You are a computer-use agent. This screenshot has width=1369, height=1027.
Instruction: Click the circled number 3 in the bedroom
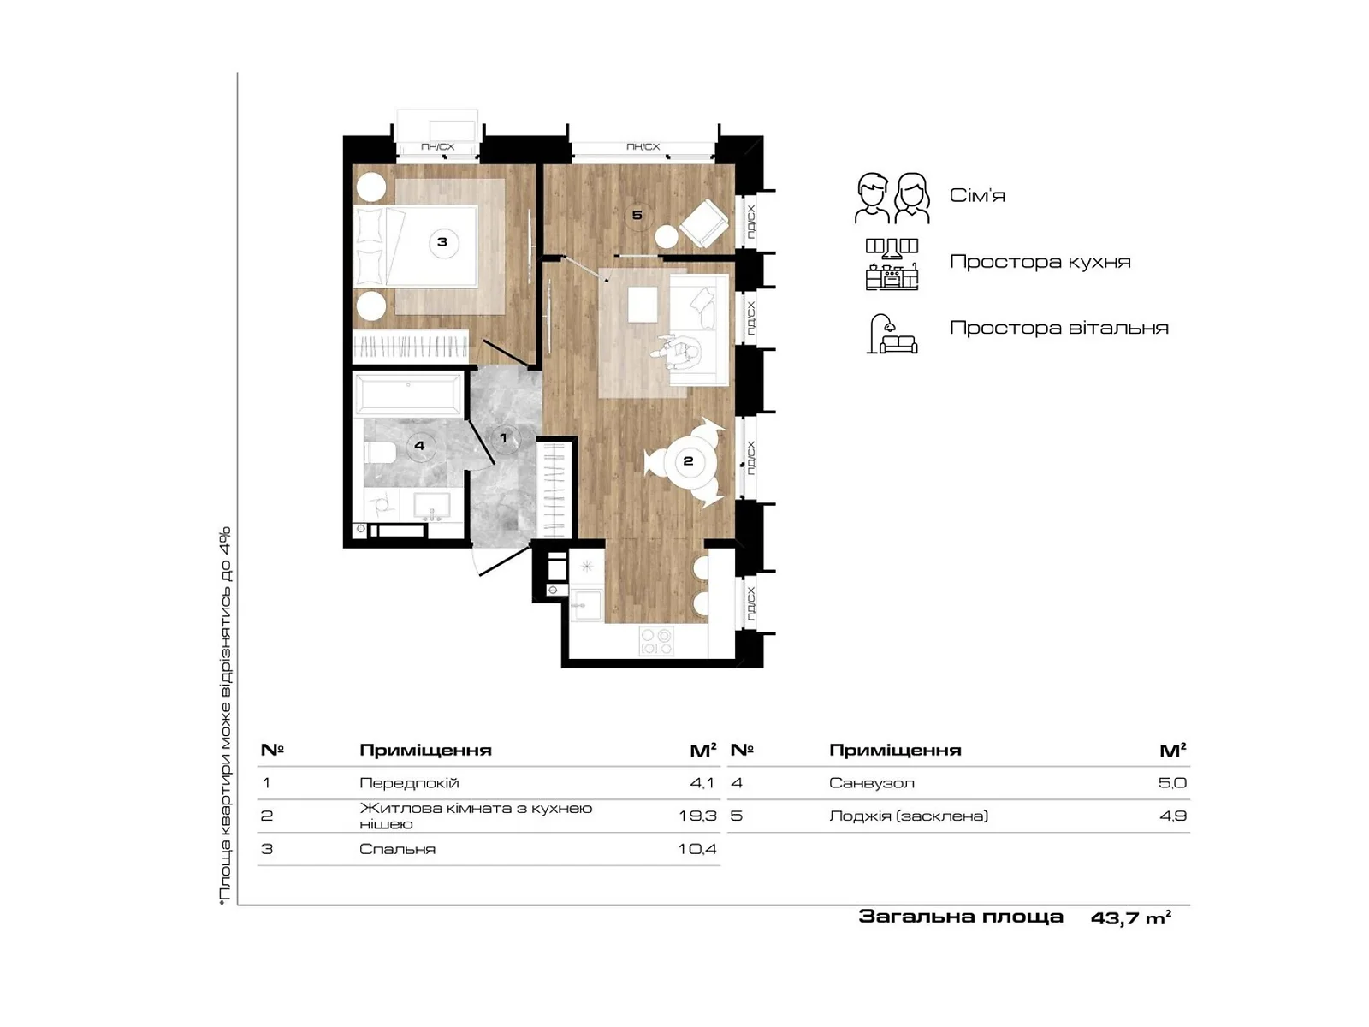pos(442,243)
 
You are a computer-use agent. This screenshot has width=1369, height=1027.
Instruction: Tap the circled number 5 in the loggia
pos(637,216)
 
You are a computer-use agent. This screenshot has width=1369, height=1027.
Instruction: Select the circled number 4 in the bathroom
pos(419,445)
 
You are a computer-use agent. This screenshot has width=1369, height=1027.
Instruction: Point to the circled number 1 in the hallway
pos(504,438)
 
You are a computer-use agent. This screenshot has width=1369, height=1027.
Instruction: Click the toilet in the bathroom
pos(378,452)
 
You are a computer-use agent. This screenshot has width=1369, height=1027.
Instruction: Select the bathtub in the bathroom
pos(408,394)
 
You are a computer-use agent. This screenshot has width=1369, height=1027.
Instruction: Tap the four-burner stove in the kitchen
pos(655,642)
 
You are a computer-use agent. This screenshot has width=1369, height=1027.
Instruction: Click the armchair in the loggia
pos(703,223)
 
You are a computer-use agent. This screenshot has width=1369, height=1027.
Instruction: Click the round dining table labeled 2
pos(688,462)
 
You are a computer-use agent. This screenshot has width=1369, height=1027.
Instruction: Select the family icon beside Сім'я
pos(892,198)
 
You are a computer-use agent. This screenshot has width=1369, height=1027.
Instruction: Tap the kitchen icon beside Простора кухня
pos(892,264)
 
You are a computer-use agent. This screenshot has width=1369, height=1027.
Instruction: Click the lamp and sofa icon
pos(892,334)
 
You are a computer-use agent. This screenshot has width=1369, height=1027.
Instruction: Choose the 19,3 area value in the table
pos(698,816)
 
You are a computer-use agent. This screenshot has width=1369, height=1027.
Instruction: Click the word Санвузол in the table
pos(871,783)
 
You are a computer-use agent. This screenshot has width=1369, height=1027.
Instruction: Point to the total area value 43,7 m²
pos(1131,917)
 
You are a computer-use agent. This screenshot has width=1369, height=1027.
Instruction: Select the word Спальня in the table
pos(397,849)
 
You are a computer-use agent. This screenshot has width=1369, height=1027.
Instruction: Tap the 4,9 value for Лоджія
pos(1172,816)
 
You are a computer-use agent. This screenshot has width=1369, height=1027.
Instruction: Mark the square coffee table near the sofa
pos(643,304)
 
